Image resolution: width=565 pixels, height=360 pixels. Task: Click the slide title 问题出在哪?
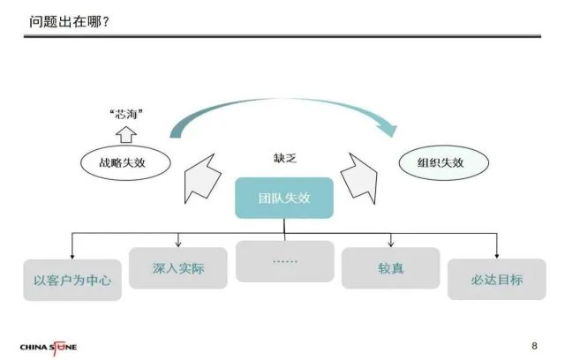tap(69, 22)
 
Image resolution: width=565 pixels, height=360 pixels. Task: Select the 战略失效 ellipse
tap(125, 163)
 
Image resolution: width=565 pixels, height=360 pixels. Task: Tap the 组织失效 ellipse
tap(443, 162)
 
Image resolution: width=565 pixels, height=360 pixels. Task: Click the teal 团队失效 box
tap(284, 198)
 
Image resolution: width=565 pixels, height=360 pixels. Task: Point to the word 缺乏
tap(284, 158)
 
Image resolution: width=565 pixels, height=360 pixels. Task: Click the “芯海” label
tap(126, 115)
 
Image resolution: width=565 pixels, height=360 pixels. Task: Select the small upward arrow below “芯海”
tap(126, 135)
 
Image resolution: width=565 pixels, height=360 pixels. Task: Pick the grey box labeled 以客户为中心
tap(72, 280)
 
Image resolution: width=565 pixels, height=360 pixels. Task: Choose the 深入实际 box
tap(178, 268)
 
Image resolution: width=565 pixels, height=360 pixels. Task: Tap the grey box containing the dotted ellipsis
tap(284, 261)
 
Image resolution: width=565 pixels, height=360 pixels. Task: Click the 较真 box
tap(390, 268)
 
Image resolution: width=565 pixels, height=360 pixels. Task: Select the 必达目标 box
tap(496, 280)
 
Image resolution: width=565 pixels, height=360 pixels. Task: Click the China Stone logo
tap(49, 348)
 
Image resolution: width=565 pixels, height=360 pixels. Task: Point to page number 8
tap(534, 346)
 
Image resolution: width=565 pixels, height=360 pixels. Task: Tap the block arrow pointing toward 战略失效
tap(202, 178)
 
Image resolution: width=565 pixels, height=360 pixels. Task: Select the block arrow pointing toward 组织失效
tap(359, 178)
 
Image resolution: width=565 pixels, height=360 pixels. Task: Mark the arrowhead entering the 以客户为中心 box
tap(72, 257)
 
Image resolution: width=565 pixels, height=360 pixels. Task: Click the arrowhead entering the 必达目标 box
tap(497, 256)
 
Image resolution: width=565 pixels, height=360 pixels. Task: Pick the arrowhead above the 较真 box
tap(391, 244)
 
